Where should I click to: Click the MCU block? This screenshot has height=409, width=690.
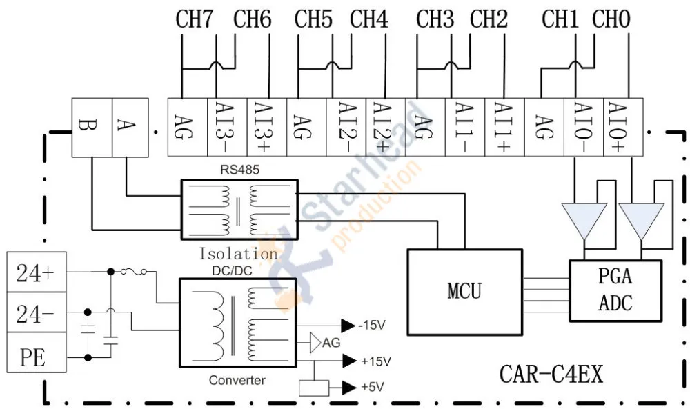pyautogui.click(x=464, y=292)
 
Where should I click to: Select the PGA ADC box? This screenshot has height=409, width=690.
pyautogui.click(x=615, y=290)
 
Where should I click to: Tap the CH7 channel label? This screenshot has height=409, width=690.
pyautogui.click(x=194, y=19)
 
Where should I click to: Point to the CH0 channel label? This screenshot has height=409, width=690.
pyautogui.click(x=611, y=19)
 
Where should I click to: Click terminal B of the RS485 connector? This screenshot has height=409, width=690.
pyautogui.click(x=92, y=128)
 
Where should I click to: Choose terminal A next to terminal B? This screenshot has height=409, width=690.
pyautogui.click(x=130, y=128)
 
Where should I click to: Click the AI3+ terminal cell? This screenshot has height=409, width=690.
pyautogui.click(x=266, y=127)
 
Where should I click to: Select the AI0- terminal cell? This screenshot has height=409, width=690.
pyautogui.click(x=584, y=127)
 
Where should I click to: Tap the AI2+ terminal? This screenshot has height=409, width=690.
pyautogui.click(x=386, y=127)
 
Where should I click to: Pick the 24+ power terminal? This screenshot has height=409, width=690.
pyautogui.click(x=37, y=272)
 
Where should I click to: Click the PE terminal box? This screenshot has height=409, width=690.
pyautogui.click(x=37, y=352)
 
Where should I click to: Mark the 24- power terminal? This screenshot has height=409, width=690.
pyautogui.click(x=37, y=312)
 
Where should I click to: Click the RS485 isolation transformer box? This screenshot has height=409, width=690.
pyautogui.click(x=240, y=210)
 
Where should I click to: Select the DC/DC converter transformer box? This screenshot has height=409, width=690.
pyautogui.click(x=238, y=323)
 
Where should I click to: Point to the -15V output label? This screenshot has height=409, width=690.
pyautogui.click(x=372, y=326)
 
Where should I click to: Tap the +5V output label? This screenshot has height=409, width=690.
pyautogui.click(x=373, y=387)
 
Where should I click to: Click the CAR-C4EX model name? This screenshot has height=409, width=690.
pyautogui.click(x=551, y=375)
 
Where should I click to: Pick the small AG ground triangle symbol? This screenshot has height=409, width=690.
pyautogui.click(x=315, y=343)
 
